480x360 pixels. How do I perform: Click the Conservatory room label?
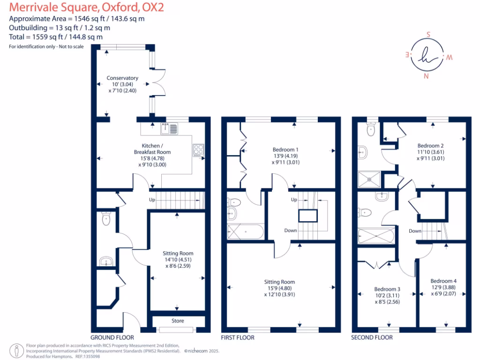coord(122,78)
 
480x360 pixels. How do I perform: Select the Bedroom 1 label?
coord(285,150)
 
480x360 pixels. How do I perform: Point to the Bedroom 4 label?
coord(443,281)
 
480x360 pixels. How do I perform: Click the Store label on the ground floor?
coord(178,321)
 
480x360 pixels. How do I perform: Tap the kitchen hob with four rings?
coord(198,150)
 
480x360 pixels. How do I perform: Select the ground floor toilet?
coord(106,218)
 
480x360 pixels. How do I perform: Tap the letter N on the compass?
coord(426,76)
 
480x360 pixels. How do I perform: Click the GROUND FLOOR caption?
coord(112,337)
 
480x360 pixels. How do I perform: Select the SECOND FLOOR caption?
coord(372,337)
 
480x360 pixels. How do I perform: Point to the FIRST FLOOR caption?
coord(239,337)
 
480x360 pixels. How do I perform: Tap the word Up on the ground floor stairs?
coord(152,200)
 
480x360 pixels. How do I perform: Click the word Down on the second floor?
coord(414,231)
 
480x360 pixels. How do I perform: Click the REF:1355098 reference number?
coord(88,356)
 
